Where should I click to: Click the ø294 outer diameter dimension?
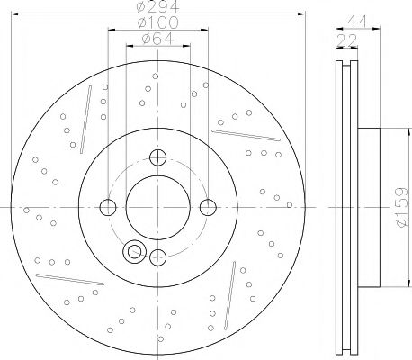(x=158, y=8)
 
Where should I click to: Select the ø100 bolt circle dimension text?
(x=158, y=23)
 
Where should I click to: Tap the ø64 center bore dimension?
(x=158, y=39)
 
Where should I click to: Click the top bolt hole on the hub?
(x=158, y=159)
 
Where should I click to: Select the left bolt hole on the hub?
(x=109, y=208)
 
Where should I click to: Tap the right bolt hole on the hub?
(x=208, y=208)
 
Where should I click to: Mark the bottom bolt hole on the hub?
(x=158, y=256)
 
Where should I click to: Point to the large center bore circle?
(x=158, y=208)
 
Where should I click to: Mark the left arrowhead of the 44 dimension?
(x=338, y=31)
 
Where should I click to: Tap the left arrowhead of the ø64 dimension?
(x=129, y=47)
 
